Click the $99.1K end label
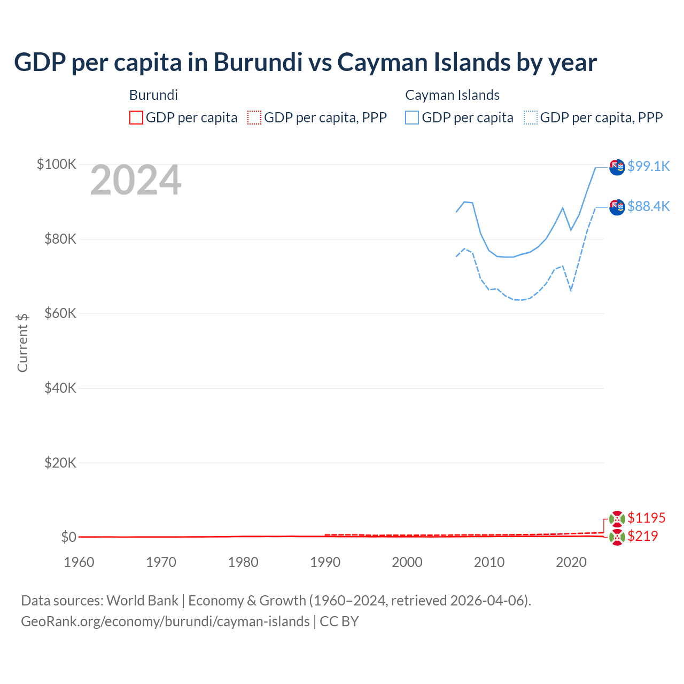tap(648, 166)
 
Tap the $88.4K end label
tap(648, 206)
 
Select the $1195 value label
tap(646, 518)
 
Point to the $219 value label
tap(642, 536)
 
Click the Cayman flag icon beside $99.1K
tap(617, 167)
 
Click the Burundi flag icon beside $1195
tap(617, 518)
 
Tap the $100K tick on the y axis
tap(57, 164)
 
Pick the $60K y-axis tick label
tap(60, 313)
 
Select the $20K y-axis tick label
tap(60, 463)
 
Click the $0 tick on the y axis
tap(68, 537)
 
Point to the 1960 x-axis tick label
tap(79, 562)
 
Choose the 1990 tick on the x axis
tap(325, 562)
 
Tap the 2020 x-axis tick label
tap(571, 562)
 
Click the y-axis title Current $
tap(22, 343)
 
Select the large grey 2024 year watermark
tap(136, 181)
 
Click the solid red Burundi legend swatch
tap(136, 118)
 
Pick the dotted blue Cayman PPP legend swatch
tap(530, 118)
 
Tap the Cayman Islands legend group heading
tap(452, 95)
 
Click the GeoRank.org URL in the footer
tap(165, 621)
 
